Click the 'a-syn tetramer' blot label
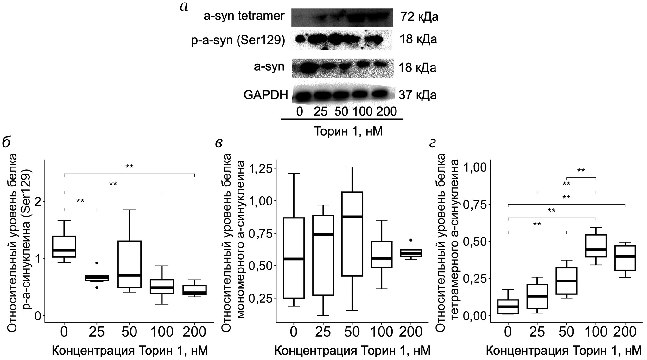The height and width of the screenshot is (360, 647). [x=244, y=16]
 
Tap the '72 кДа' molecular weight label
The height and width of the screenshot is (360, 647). [x=419, y=16]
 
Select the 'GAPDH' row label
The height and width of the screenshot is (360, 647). [x=266, y=95]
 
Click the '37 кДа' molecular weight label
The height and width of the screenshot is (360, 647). [x=417, y=95]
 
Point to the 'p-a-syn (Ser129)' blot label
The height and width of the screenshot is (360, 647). [x=238, y=41]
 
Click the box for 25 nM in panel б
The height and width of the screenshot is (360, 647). [x=97, y=278]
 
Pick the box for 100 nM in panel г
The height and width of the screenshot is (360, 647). [x=596, y=246]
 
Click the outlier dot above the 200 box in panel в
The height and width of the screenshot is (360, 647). [x=411, y=240]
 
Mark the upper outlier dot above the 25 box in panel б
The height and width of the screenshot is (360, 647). [x=97, y=263]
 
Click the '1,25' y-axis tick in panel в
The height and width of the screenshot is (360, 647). [x=261, y=168]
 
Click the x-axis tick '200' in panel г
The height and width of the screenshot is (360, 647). [x=625, y=332]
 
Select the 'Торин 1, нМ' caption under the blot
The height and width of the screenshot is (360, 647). [x=348, y=131]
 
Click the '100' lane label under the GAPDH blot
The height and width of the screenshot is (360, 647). [x=363, y=112]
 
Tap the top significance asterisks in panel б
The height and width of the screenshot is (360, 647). [x=129, y=167]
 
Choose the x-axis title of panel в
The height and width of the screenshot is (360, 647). [x=352, y=351]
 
